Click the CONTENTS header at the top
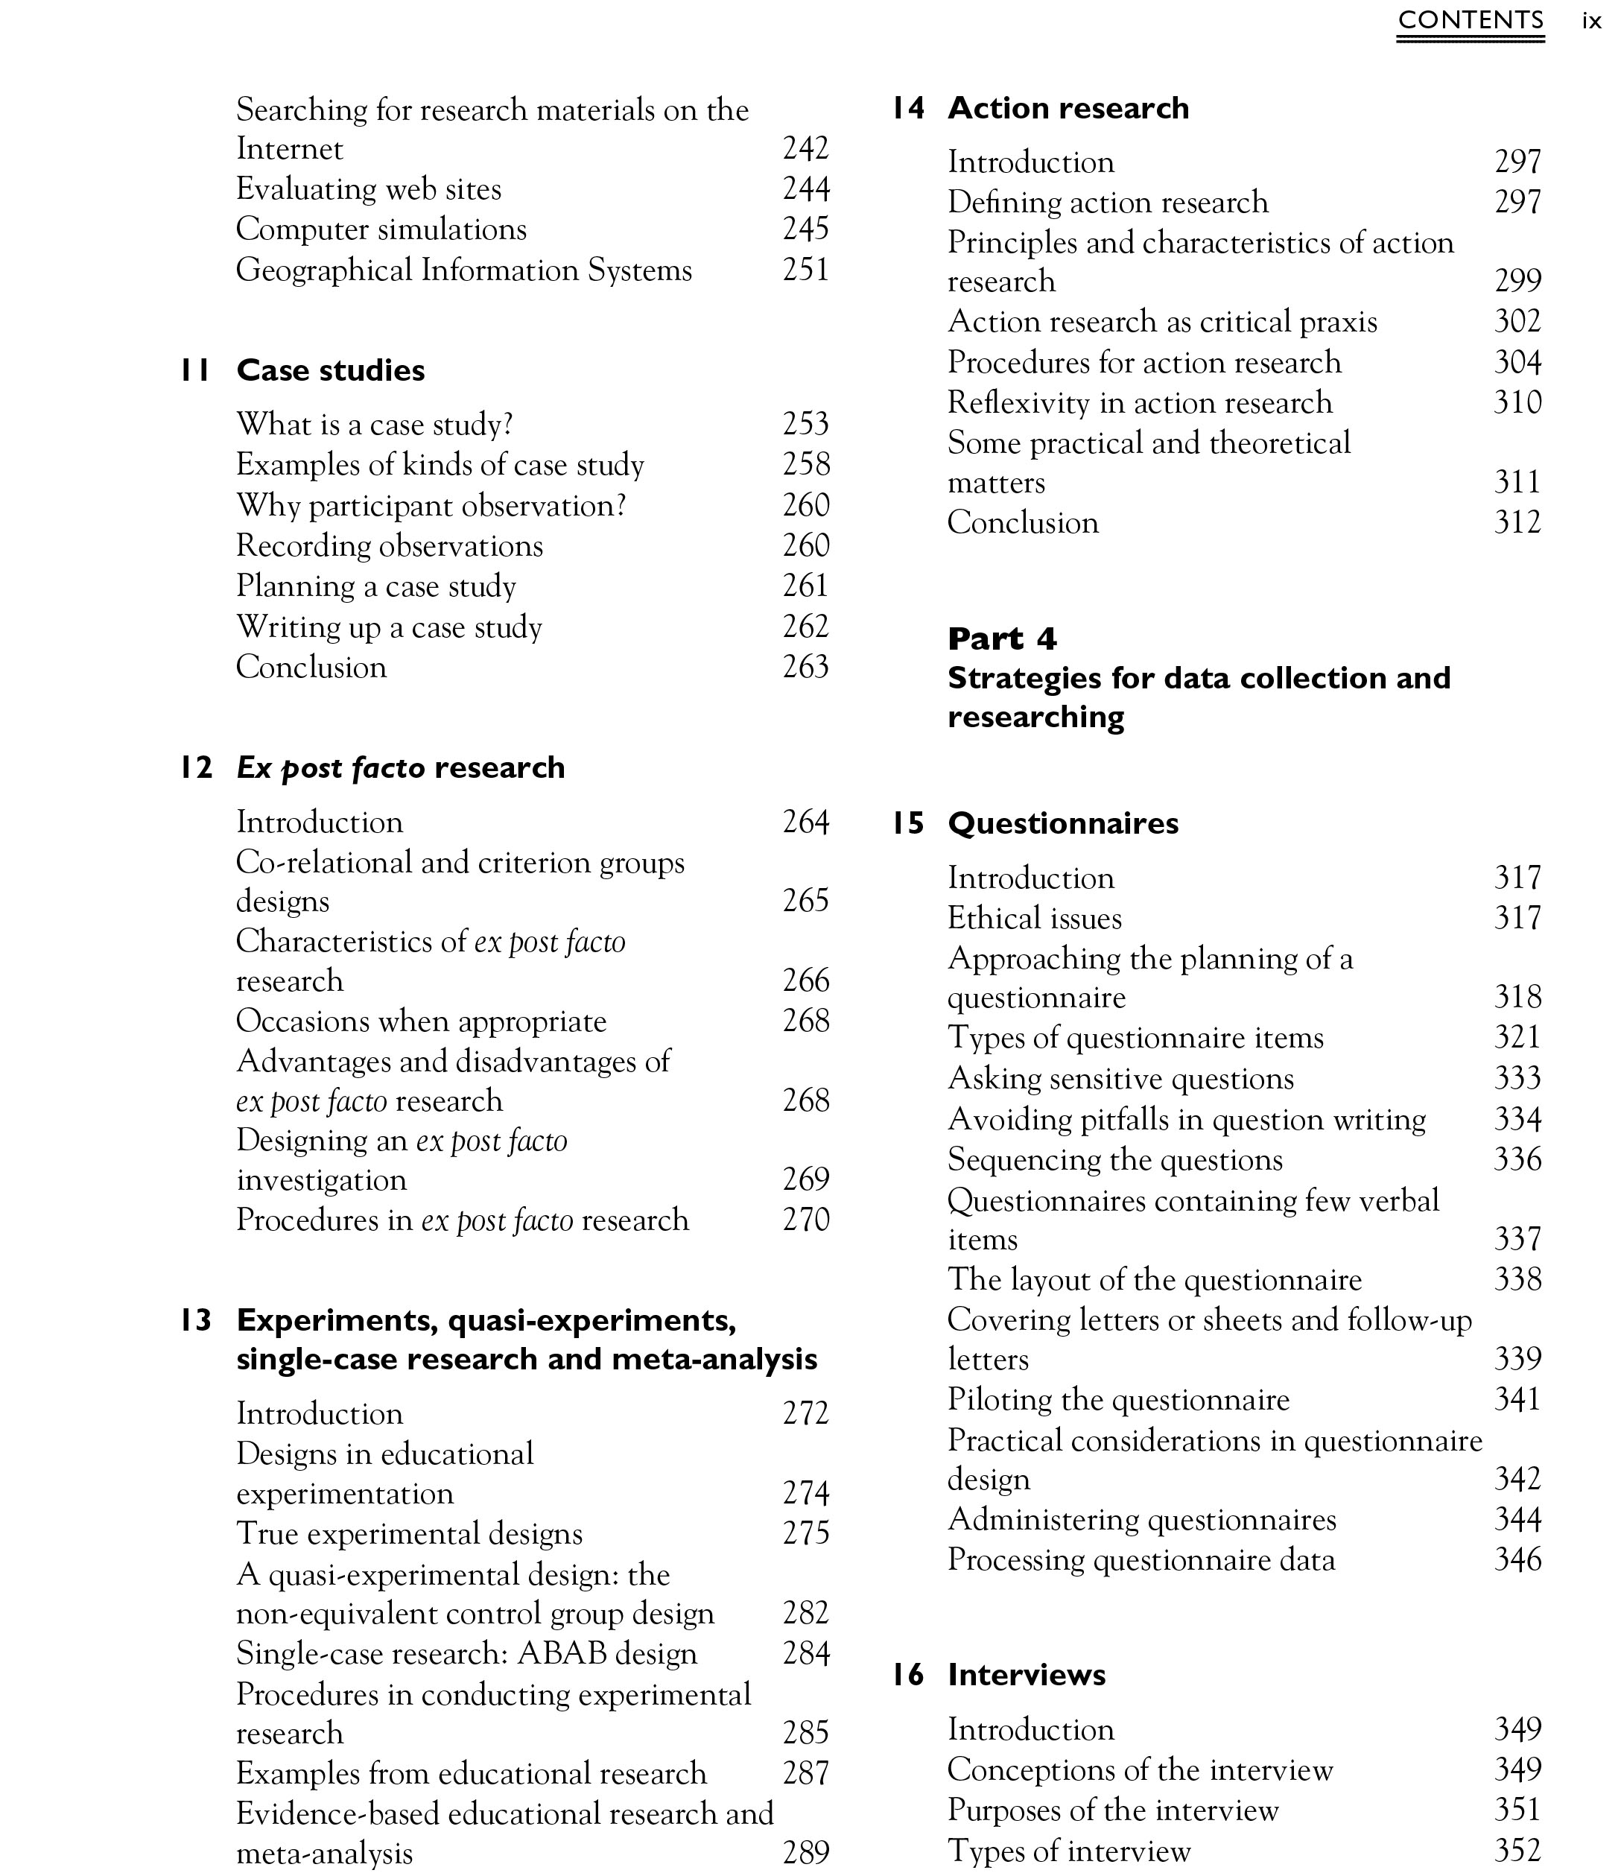pos(1470,20)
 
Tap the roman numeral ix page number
pos(1591,21)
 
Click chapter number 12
pos(195,768)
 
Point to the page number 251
pos(805,270)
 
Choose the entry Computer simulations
pos(381,229)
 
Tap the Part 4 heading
pos(1002,639)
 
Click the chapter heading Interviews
pos(1027,1675)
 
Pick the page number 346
pos(1517,1560)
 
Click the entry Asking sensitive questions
pos(1120,1078)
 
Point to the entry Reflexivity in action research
pos(1140,402)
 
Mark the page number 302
pos(1517,321)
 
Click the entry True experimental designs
pos(409,1534)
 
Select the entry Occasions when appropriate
pos(421,1021)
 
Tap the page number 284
pos(805,1654)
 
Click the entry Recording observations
pos(389,546)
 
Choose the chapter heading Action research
pos(1068,108)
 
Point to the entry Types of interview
pos(1069,1851)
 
